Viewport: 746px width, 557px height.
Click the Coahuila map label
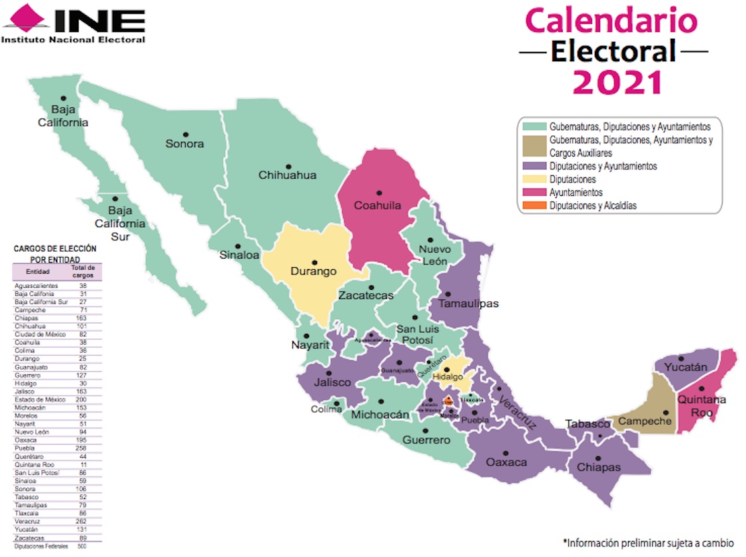click(x=378, y=205)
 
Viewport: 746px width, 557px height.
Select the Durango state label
click(x=313, y=272)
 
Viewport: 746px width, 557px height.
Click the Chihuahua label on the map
click(x=288, y=175)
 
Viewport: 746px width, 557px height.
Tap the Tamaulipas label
click(x=468, y=304)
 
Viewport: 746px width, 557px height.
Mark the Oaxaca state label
click(x=506, y=462)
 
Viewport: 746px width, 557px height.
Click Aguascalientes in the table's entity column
click(x=37, y=286)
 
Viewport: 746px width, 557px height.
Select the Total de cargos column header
click(x=83, y=271)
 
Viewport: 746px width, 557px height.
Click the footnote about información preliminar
click(x=647, y=543)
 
